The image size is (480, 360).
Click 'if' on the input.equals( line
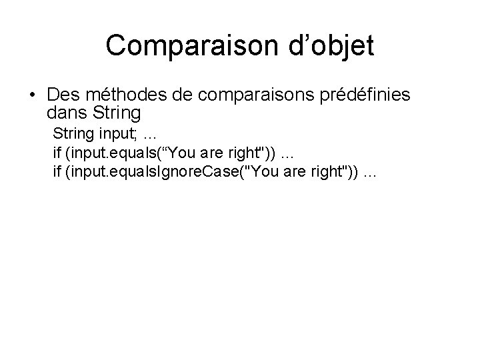pos(57,153)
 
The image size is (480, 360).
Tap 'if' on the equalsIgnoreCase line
pos(57,173)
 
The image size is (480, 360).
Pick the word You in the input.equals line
pos(185,153)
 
